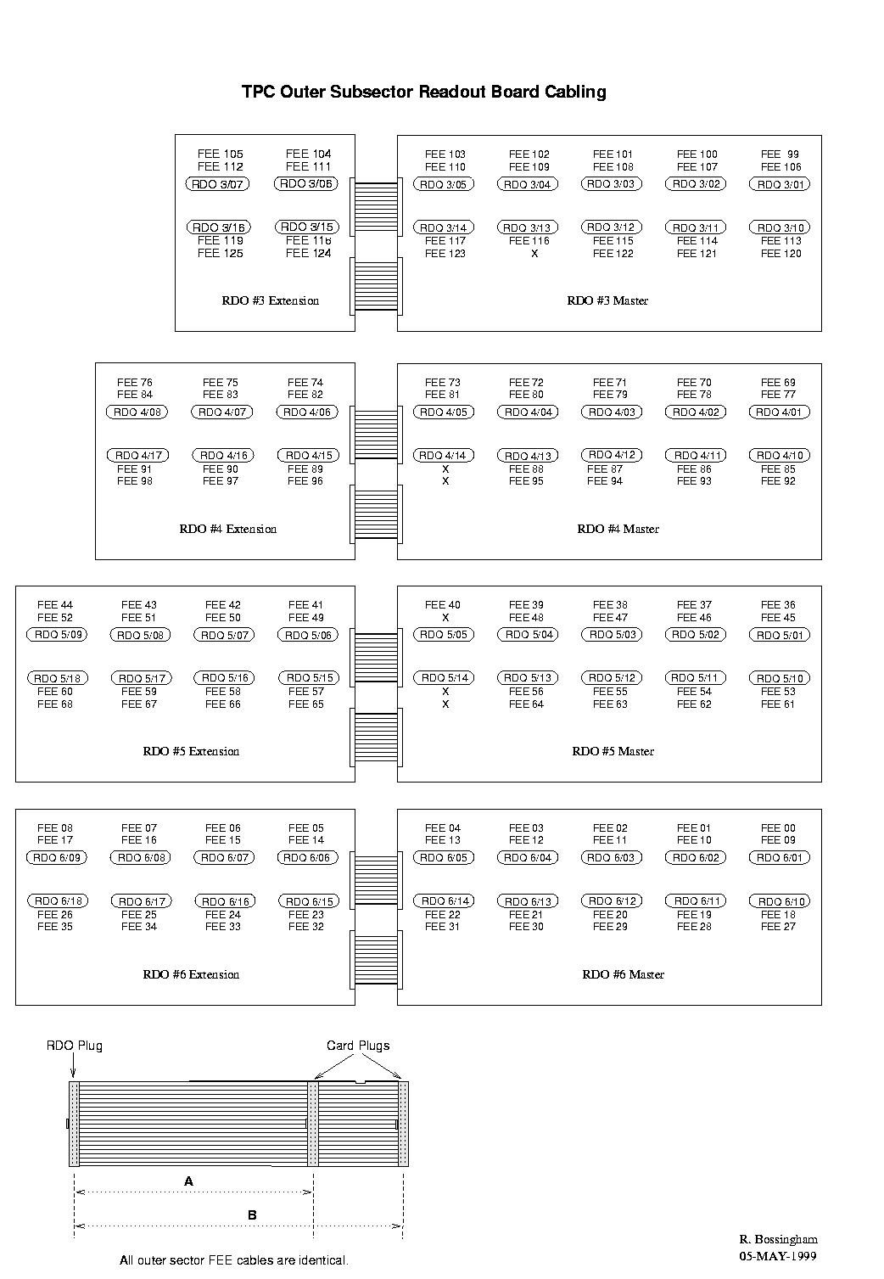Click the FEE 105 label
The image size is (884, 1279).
221,154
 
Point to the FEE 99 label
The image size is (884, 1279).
780,154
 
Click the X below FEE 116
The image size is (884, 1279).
534,254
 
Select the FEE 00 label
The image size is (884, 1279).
778,828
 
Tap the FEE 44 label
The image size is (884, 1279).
55,604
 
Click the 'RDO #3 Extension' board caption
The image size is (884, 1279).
271,300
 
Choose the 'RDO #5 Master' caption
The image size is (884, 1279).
613,751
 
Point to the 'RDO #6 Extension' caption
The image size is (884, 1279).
191,974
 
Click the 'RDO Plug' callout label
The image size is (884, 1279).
75,1046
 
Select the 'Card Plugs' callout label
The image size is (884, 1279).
358,1046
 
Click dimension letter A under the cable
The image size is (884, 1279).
189,1181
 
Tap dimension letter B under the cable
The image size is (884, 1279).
252,1215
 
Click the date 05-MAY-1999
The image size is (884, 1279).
778,1255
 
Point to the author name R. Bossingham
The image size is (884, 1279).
779,1239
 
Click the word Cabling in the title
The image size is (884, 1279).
575,92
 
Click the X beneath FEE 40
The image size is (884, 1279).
445,617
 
